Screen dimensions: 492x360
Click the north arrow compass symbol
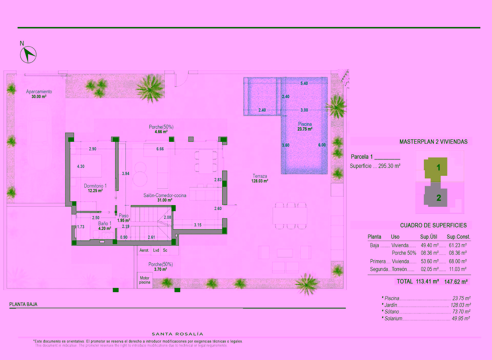(28, 55)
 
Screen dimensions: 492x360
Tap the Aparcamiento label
(39, 92)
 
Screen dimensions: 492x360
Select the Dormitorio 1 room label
(95, 186)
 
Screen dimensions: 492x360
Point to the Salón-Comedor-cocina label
(165, 195)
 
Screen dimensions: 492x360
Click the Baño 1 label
(105, 224)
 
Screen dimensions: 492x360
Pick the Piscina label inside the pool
(305, 124)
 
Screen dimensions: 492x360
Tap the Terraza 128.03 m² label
(260, 178)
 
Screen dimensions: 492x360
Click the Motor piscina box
(145, 280)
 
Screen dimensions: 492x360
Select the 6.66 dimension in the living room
(160, 149)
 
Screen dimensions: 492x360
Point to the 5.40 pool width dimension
(304, 83)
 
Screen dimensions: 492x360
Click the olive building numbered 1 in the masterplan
(436, 168)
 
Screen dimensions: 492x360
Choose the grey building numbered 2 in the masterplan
(436, 195)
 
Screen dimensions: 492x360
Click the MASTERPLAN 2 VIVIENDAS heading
(433, 142)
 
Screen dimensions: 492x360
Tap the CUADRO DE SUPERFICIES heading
(433, 225)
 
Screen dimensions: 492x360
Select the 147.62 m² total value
(456, 282)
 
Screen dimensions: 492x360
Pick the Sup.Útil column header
(428, 237)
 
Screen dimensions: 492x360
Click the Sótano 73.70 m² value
(461, 312)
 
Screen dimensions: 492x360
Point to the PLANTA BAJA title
(23, 304)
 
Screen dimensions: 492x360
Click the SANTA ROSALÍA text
(178, 334)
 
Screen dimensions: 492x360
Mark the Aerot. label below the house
(144, 250)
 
